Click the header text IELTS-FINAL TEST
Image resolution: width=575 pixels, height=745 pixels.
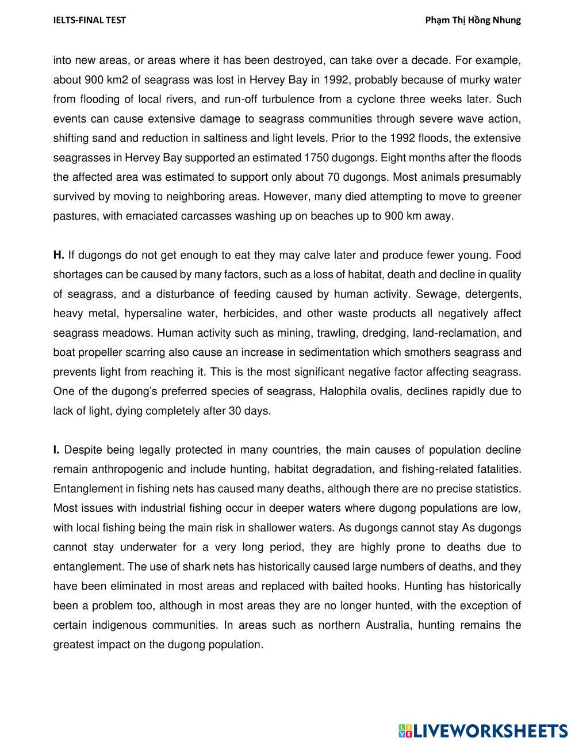[89, 20]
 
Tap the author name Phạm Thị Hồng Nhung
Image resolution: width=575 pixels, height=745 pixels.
[473, 20]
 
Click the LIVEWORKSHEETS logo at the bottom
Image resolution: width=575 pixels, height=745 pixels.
[483, 731]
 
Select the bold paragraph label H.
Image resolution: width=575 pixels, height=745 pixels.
[58, 255]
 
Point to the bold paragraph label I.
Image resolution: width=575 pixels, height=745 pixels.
[56, 450]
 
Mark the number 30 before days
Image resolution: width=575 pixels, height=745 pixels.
[236, 410]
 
